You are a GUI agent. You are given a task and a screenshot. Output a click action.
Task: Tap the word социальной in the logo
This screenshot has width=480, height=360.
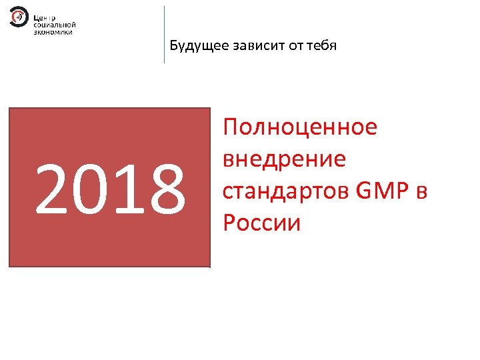pyautogui.click(x=54, y=23)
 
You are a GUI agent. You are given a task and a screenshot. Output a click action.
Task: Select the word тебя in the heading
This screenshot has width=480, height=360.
pyautogui.click(x=323, y=46)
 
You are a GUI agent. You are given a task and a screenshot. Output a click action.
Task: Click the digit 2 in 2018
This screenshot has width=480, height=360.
pyautogui.click(x=51, y=191)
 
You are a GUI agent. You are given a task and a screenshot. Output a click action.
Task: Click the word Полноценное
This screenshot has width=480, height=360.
pyautogui.click(x=301, y=127)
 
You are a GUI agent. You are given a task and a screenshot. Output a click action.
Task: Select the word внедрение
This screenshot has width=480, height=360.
pyautogui.click(x=285, y=159)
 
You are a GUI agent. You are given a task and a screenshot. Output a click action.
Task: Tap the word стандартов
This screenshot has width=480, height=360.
pyautogui.click(x=287, y=191)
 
